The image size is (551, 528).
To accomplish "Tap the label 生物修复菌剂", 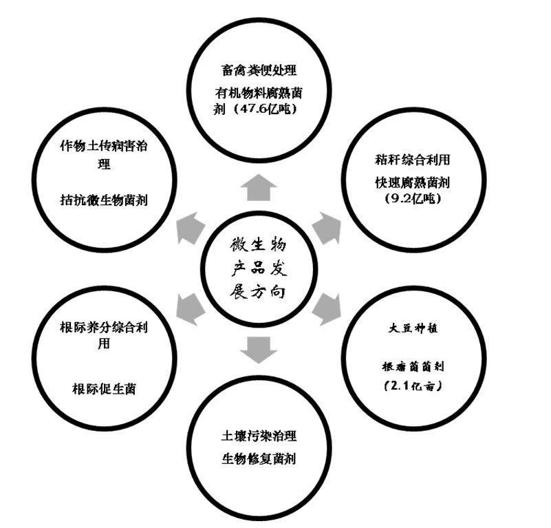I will point(259,456).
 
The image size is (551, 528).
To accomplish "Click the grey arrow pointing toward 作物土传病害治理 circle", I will point(190,226).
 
